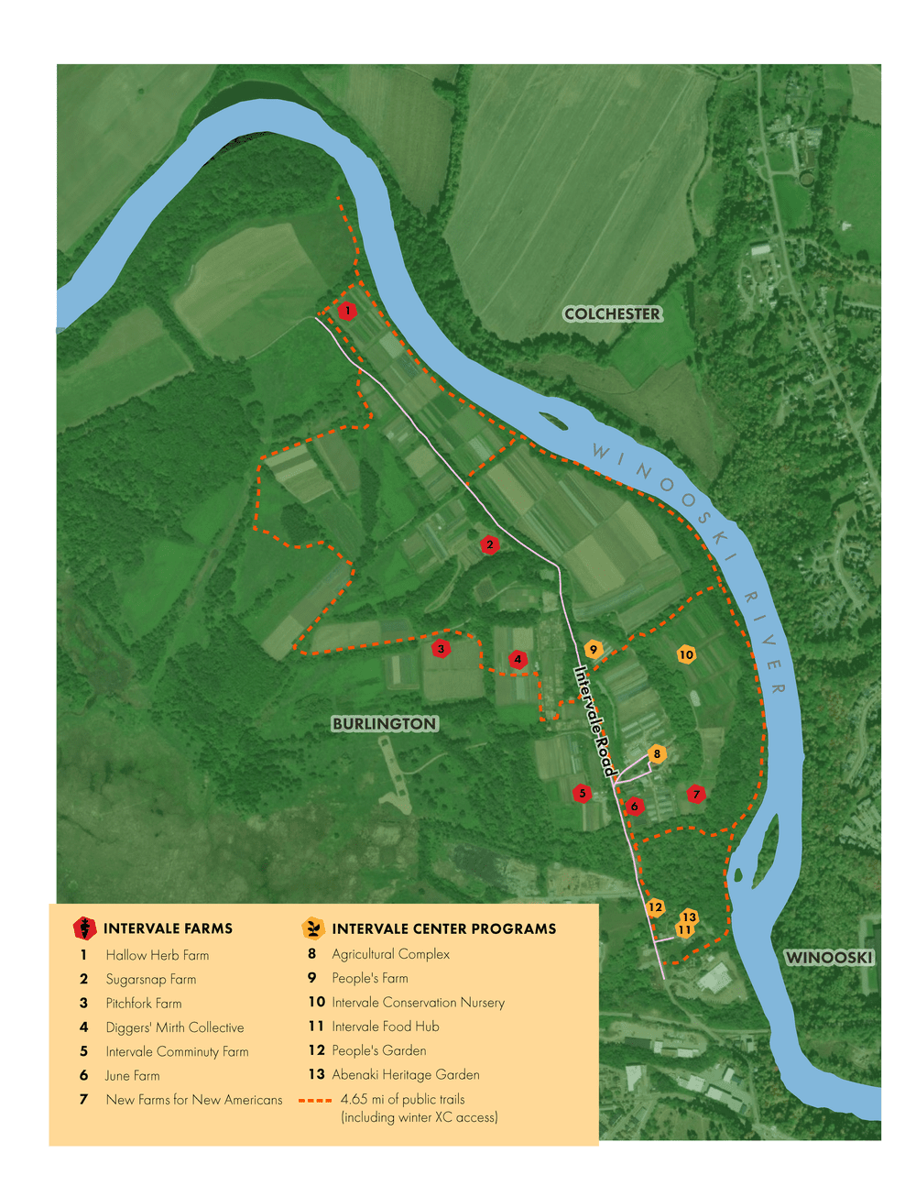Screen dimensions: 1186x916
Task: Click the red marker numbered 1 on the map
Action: pyautogui.click(x=347, y=312)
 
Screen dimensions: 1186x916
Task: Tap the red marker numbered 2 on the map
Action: pyautogui.click(x=490, y=544)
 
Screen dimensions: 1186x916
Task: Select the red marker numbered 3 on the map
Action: pyautogui.click(x=442, y=649)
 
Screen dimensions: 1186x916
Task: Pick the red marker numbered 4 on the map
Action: pyautogui.click(x=518, y=659)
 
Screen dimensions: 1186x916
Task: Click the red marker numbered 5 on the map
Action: pyautogui.click(x=582, y=794)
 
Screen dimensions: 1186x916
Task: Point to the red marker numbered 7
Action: pyautogui.click(x=696, y=795)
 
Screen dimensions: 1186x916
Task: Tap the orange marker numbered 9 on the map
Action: pyautogui.click(x=594, y=650)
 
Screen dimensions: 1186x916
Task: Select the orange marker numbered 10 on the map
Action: pyautogui.click(x=686, y=654)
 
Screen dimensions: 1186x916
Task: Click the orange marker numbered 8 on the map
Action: pyautogui.click(x=657, y=754)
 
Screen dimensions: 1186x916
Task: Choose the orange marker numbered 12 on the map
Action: pyautogui.click(x=655, y=907)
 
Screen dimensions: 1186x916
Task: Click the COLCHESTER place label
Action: pyautogui.click(x=612, y=313)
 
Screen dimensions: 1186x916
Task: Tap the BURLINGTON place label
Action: pyautogui.click(x=385, y=724)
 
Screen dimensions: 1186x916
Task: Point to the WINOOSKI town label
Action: pyautogui.click(x=830, y=958)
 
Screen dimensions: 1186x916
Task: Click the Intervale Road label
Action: pyautogui.click(x=594, y=721)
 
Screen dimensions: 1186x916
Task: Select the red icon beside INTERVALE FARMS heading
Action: pyautogui.click(x=84, y=928)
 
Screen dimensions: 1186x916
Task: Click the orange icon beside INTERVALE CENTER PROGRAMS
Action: pyautogui.click(x=313, y=928)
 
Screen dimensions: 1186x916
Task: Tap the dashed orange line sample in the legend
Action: pyautogui.click(x=315, y=1100)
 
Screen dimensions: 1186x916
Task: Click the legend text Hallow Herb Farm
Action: pyautogui.click(x=157, y=955)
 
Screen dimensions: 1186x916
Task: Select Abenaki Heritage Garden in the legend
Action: pyautogui.click(x=405, y=1074)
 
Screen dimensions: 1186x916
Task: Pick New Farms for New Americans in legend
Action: pyautogui.click(x=193, y=1100)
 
